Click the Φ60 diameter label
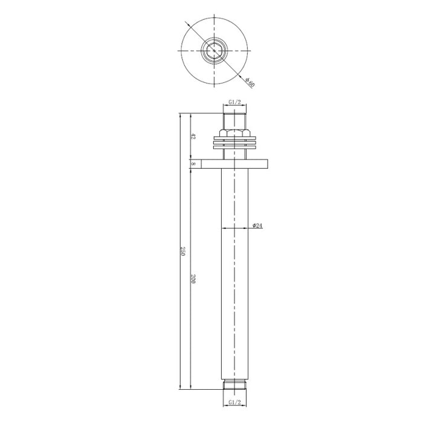pos(250,82)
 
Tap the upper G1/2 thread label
pos(234,102)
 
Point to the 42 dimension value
pos(193,136)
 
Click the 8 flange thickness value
pos(193,164)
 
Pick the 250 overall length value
pos(182,251)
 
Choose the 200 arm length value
pos(193,279)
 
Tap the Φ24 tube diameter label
pos(257,225)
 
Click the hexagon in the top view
pos(214,50)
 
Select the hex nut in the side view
pos(234,134)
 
